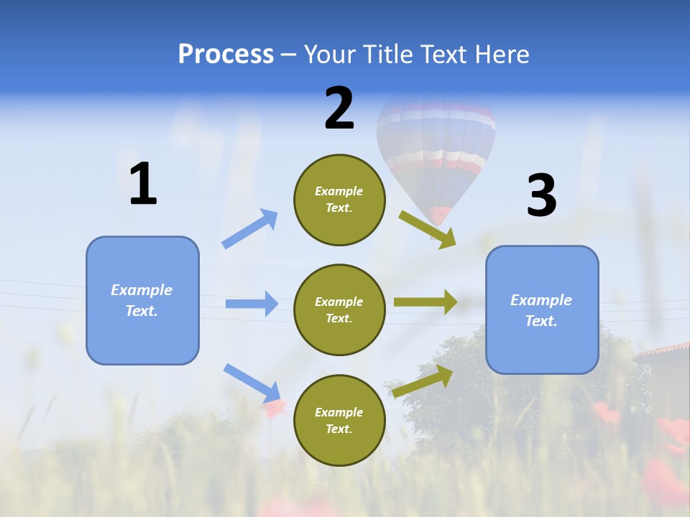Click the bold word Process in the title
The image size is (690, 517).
[x=226, y=55]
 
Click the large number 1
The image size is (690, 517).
[x=143, y=184]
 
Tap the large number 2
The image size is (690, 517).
[x=339, y=108]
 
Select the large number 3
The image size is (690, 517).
[x=542, y=195]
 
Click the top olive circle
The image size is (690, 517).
[x=339, y=199]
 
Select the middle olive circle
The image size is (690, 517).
[x=339, y=309]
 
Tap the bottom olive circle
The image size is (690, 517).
[x=339, y=420]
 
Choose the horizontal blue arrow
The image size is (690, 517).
[x=252, y=304]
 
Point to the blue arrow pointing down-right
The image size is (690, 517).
[x=252, y=382]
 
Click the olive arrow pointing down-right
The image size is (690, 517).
[x=428, y=229]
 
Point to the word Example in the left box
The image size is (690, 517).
[x=142, y=290]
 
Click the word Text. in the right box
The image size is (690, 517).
[x=541, y=321]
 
